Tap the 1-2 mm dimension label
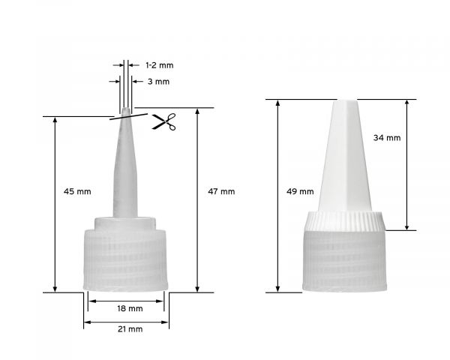[x=159, y=65]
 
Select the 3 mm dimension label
[x=151, y=81]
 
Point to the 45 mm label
[x=79, y=191]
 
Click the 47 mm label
[x=221, y=191]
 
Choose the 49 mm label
[x=301, y=191]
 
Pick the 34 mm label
[x=387, y=137]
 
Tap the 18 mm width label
[x=130, y=308]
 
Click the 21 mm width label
[x=130, y=328]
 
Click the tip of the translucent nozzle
[x=126, y=113]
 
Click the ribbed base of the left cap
[x=126, y=259]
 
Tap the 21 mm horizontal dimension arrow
[x=126, y=322]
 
